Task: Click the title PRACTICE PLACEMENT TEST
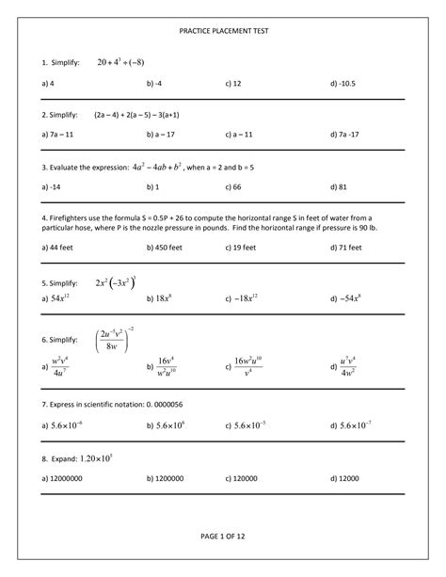(x=223, y=31)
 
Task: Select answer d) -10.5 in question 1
(x=347, y=84)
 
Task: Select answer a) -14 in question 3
(x=52, y=187)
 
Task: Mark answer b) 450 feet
(x=165, y=248)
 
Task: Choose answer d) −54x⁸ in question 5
(x=347, y=298)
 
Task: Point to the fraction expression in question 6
(x=117, y=339)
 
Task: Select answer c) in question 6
(x=247, y=366)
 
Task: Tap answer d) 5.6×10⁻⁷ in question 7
(x=350, y=425)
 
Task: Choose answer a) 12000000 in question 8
(x=62, y=478)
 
